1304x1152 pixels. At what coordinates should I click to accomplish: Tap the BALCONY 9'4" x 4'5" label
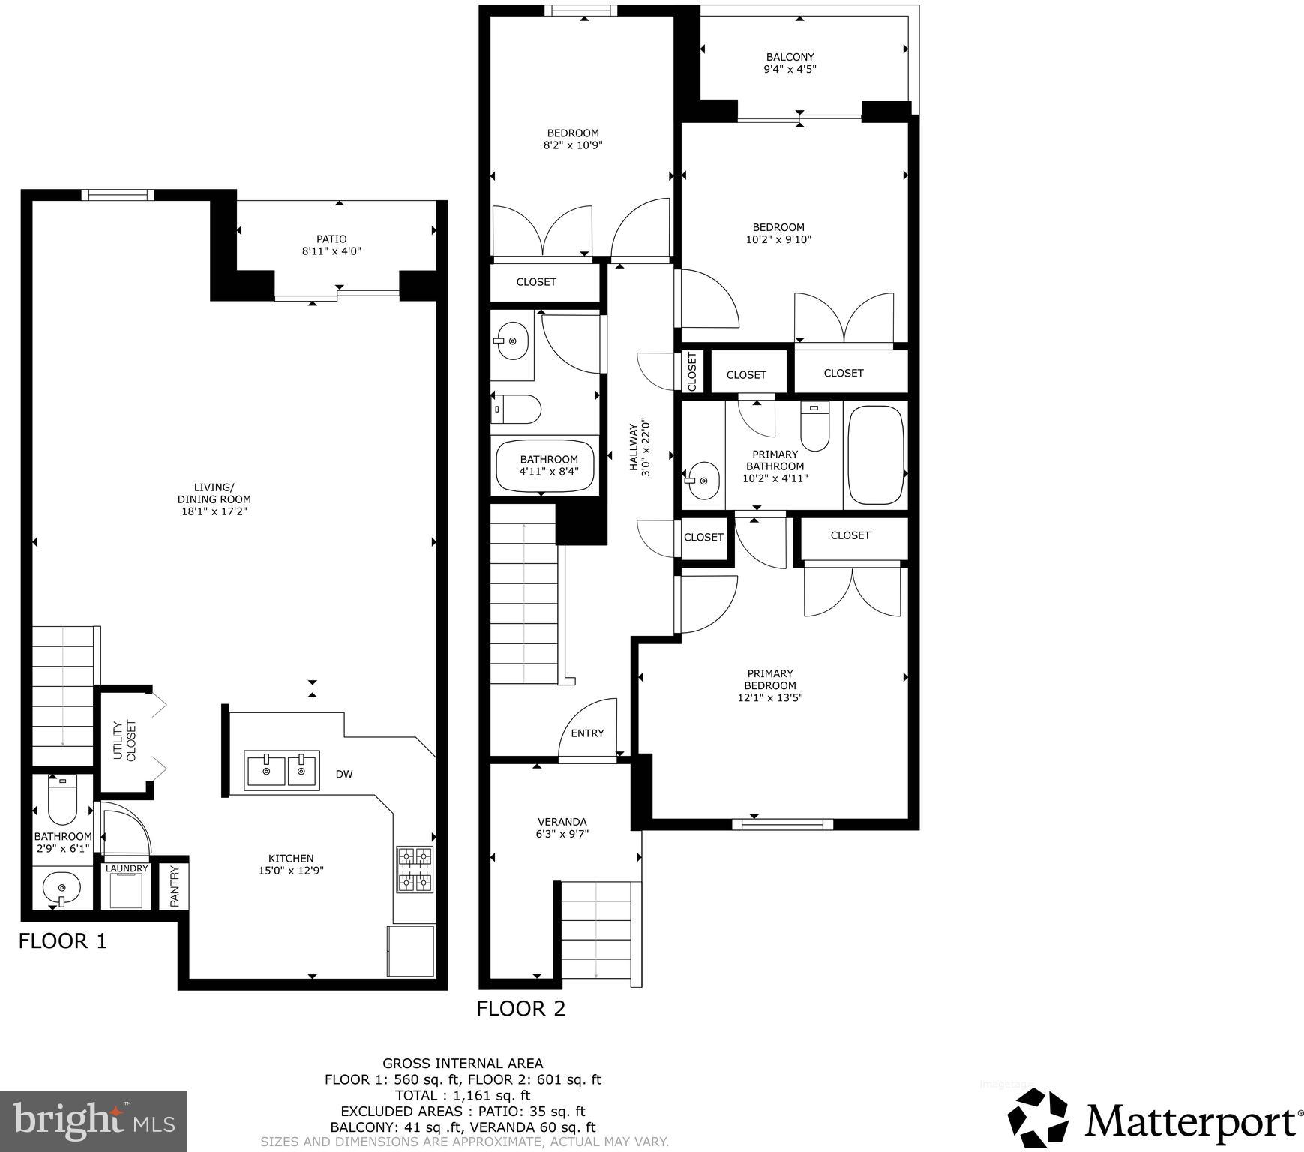(x=790, y=63)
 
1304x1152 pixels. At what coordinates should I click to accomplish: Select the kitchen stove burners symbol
(x=415, y=869)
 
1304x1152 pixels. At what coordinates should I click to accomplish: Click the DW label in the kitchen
(x=343, y=775)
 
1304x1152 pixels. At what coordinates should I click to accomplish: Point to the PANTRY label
(x=175, y=886)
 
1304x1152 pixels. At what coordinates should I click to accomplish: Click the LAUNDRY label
(x=127, y=868)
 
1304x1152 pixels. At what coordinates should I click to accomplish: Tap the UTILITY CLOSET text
(x=124, y=741)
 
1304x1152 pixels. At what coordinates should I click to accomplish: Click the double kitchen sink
(x=282, y=770)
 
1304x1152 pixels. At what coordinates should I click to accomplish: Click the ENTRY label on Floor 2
(x=587, y=733)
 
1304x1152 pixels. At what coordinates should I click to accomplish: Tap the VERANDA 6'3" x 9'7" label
(x=562, y=827)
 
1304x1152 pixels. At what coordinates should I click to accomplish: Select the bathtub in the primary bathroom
(x=875, y=455)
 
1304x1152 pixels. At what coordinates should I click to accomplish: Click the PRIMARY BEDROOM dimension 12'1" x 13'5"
(x=770, y=697)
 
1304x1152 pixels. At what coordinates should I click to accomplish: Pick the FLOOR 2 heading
(x=520, y=1009)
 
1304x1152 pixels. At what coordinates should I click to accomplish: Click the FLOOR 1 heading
(x=63, y=940)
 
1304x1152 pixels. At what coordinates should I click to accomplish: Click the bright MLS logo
(x=94, y=1120)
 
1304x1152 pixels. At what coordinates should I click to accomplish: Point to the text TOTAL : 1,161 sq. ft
(x=463, y=1095)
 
